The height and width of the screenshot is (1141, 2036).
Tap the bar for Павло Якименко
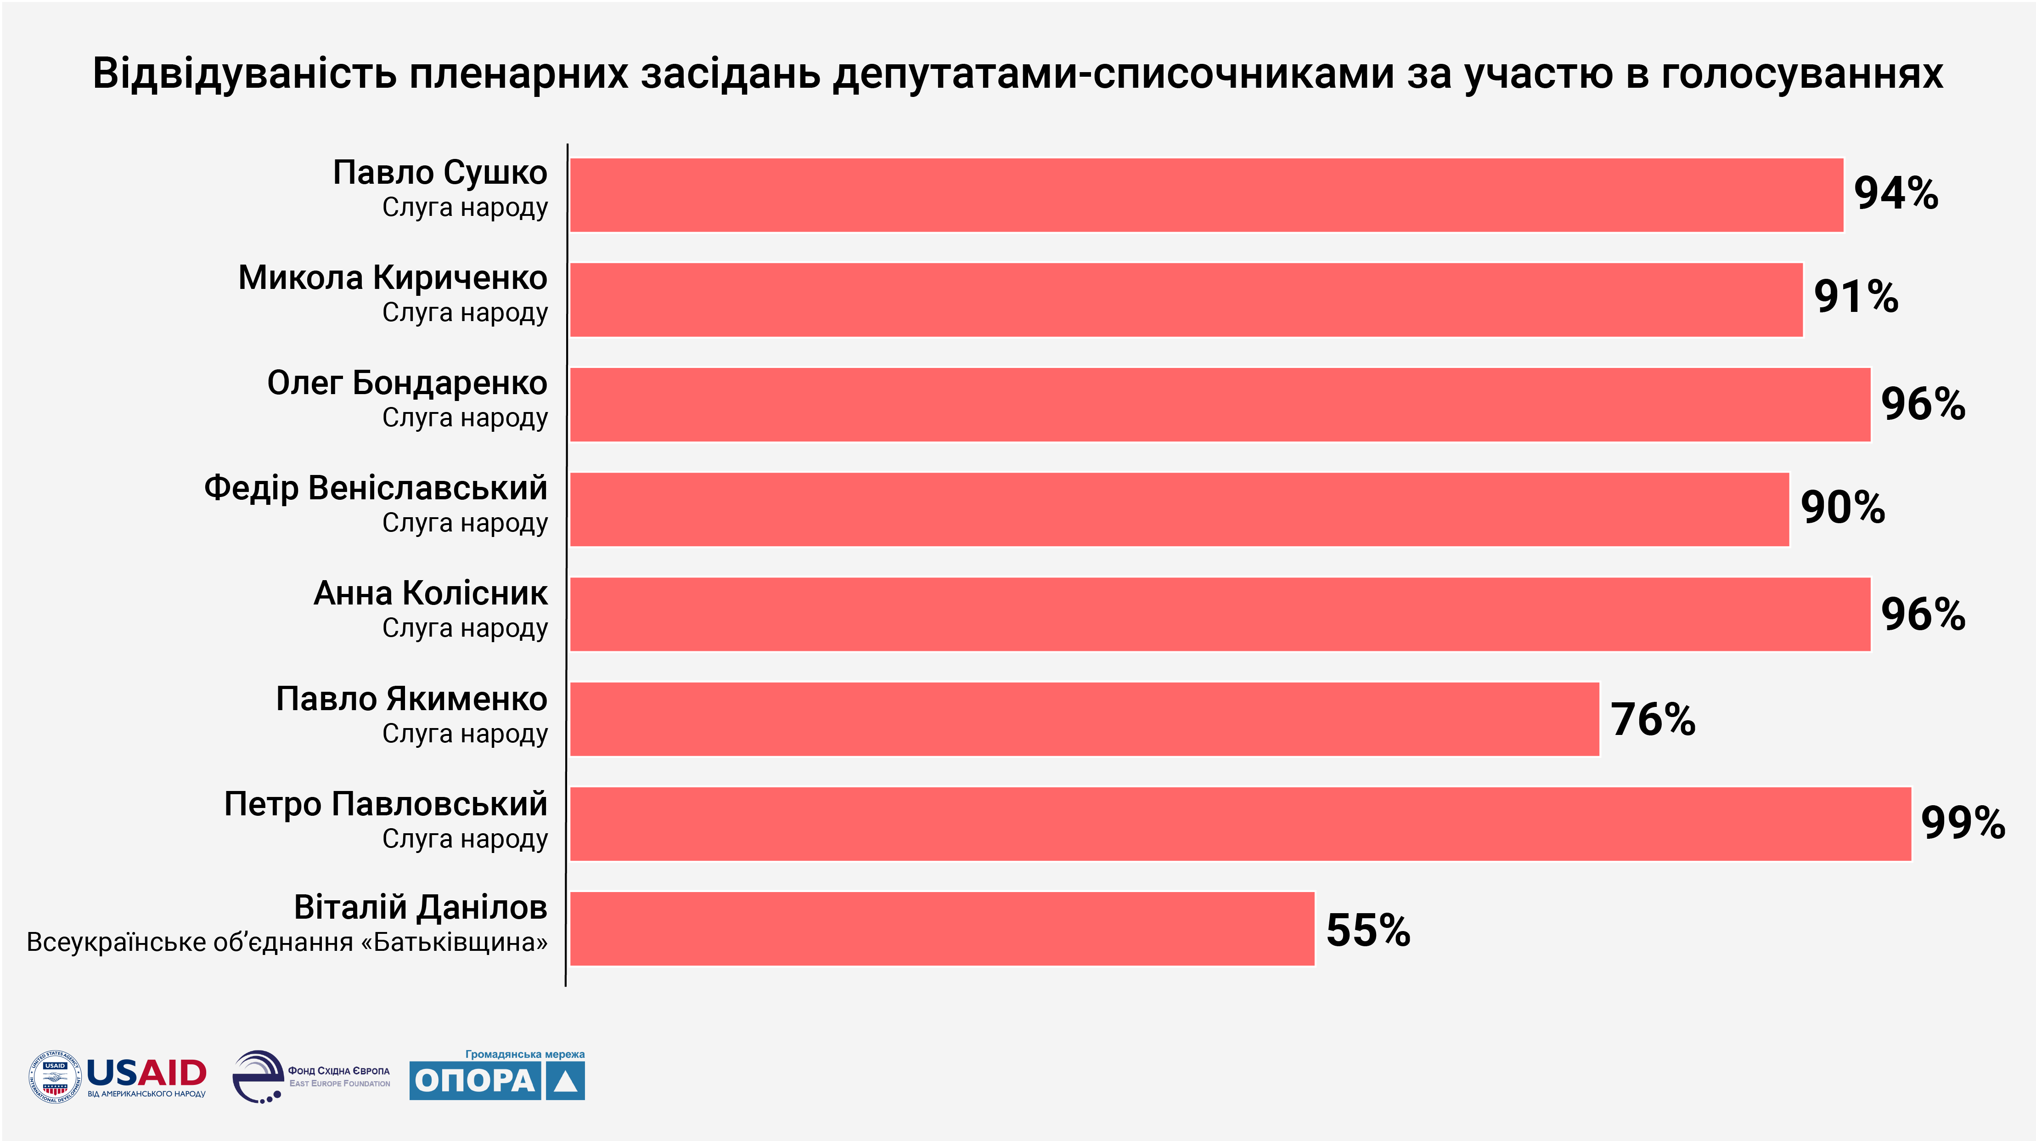click(x=1085, y=719)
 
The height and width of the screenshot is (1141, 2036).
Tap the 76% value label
click(x=1653, y=719)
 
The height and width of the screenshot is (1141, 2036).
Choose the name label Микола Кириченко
click(x=393, y=278)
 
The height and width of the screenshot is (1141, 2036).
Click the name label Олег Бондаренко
click(x=407, y=384)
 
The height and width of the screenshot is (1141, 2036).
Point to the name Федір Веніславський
click(x=376, y=489)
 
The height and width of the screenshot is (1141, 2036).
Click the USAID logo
click(x=118, y=1076)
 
